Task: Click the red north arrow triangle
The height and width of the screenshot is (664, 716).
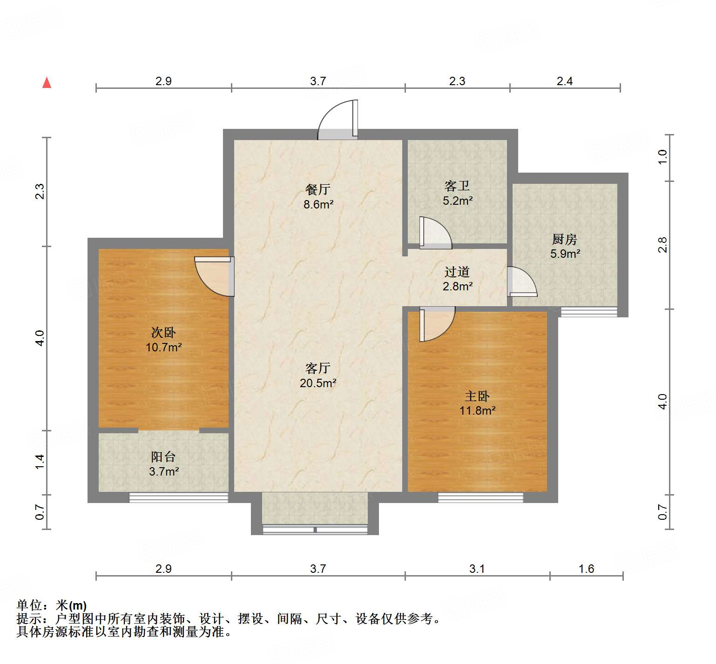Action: (x=47, y=83)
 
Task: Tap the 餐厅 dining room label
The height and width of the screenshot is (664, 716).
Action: (x=318, y=189)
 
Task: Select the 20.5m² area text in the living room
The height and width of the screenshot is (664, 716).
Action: (x=318, y=383)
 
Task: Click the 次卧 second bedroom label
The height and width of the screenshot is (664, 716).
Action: (x=163, y=332)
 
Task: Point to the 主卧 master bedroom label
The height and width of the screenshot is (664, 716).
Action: (x=477, y=396)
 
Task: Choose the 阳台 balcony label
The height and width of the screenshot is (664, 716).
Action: (x=163, y=456)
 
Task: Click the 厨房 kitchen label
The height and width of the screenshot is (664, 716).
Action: (x=565, y=239)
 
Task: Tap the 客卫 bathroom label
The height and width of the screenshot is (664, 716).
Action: (x=457, y=186)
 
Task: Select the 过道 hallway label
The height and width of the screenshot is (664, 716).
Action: (x=457, y=272)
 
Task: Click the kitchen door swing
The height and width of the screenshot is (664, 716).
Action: (x=521, y=282)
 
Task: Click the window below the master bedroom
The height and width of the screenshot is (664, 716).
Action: (x=480, y=497)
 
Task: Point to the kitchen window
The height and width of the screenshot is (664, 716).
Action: (x=589, y=312)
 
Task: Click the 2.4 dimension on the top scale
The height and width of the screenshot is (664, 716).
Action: (x=565, y=81)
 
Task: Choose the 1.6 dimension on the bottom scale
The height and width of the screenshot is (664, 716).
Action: (x=586, y=569)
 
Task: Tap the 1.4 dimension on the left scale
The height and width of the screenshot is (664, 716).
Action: (x=40, y=462)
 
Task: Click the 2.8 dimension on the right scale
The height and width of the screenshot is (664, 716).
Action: (x=662, y=245)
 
